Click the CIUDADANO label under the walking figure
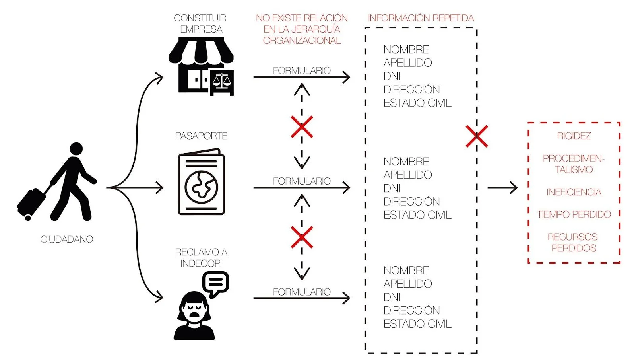[x=67, y=239]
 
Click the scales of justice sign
[x=222, y=82]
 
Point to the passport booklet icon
[x=201, y=182]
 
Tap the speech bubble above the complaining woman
[x=215, y=283]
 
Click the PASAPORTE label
[x=201, y=136]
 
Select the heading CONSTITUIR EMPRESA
[x=200, y=23]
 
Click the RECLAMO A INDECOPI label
[x=201, y=257]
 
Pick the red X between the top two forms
[x=302, y=127]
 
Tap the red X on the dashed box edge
[x=477, y=136]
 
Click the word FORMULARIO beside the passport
[x=302, y=181]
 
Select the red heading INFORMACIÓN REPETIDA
[x=421, y=18]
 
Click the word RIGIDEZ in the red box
[x=574, y=136]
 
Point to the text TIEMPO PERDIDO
[x=574, y=214]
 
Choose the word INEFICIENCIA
[x=574, y=192]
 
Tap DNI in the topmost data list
[x=392, y=76]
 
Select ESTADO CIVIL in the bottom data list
[x=417, y=324]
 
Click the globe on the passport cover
[x=201, y=186]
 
